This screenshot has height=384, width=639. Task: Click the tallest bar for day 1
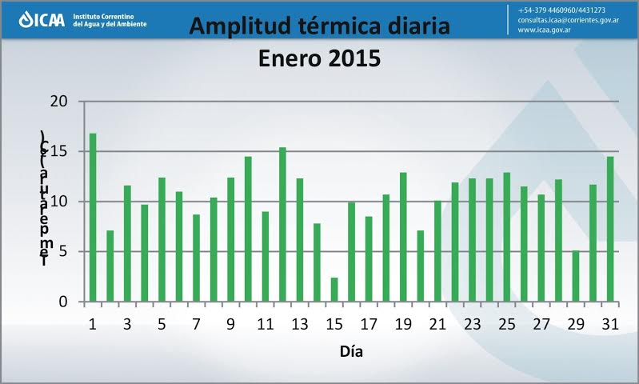click(x=93, y=218)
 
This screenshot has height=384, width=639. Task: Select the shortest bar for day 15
click(x=334, y=290)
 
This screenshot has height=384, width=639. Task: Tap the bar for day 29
click(x=576, y=276)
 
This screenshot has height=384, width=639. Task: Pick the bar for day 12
click(x=282, y=225)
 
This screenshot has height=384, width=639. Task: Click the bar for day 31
click(x=610, y=229)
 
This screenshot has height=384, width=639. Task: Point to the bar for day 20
click(x=421, y=266)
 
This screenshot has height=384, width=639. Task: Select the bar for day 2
click(x=110, y=266)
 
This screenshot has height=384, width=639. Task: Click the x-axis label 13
click(x=299, y=324)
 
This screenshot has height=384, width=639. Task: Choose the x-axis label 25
click(x=506, y=324)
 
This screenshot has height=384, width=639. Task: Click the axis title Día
click(x=352, y=350)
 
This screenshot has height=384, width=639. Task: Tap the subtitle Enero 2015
click(x=319, y=58)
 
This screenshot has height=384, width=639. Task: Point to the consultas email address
click(x=569, y=20)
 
